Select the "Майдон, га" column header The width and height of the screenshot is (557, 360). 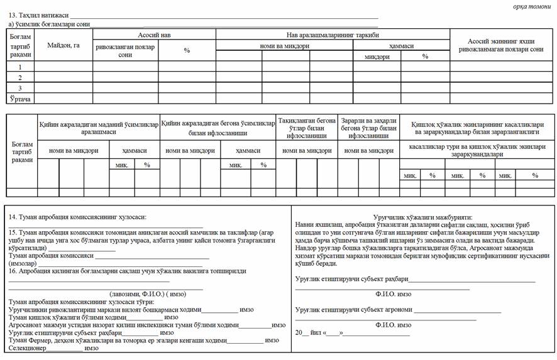(63, 45)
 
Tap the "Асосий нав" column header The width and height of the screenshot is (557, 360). (154, 35)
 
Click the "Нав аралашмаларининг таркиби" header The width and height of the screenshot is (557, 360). (332, 35)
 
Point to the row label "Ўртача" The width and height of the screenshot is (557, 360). (19, 99)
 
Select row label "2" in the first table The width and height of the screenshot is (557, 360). (19, 77)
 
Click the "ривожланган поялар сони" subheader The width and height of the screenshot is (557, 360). (125, 50)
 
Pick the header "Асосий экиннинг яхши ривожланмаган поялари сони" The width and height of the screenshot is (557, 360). (501, 45)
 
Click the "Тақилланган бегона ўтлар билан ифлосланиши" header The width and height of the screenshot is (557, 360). (307, 128)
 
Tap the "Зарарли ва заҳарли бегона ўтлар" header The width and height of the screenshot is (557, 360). (368, 128)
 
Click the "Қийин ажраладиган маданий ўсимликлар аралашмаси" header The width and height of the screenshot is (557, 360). (99, 128)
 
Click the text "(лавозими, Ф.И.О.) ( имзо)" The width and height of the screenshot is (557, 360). (138, 294)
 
